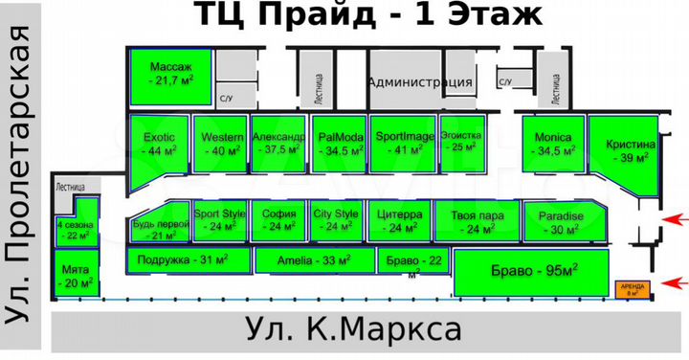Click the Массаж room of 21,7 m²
click(170, 74)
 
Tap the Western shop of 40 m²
click(220, 144)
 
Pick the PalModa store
click(338, 144)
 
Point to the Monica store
click(552, 144)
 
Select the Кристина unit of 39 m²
click(622, 150)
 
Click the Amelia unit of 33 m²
click(313, 260)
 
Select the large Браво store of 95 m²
click(530, 272)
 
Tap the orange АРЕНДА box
click(631, 288)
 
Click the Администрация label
click(420, 82)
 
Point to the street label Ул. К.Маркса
click(353, 331)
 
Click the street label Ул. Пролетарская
click(22, 176)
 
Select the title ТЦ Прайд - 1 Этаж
click(369, 15)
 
